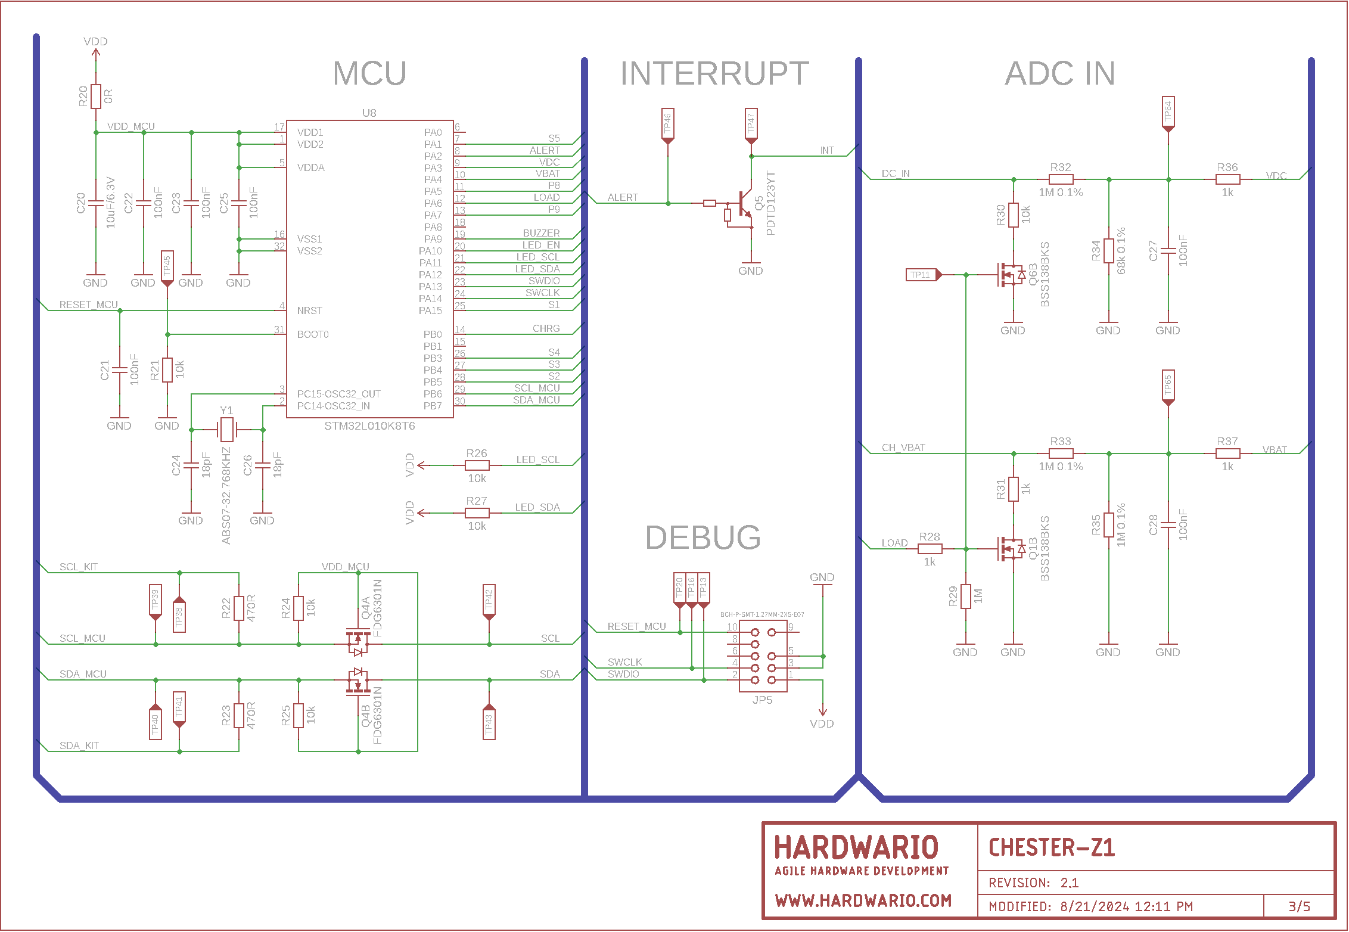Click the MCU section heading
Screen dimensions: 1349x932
[369, 73]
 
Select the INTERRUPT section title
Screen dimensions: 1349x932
[714, 73]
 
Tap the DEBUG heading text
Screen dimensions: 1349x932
[703, 538]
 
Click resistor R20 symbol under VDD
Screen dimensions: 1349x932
[96, 96]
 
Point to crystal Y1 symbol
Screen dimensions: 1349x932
[226, 429]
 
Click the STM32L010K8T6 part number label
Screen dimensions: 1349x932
[369, 426]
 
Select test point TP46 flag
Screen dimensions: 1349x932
[668, 126]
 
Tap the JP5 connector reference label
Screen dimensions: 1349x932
[762, 700]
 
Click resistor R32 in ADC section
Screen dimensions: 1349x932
[1061, 179]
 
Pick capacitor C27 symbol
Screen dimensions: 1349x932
[1168, 250]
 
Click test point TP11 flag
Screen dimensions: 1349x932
[924, 275]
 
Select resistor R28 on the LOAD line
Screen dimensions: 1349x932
[930, 549]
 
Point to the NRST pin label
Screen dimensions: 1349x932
[309, 310]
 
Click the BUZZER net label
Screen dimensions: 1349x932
[541, 233]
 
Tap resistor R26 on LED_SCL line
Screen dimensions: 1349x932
[477, 465]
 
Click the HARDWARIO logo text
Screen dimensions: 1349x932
[856, 847]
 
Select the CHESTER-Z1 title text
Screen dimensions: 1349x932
[1052, 847]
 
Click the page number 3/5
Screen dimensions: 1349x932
[1299, 906]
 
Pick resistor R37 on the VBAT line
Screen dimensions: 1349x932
[1227, 453]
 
